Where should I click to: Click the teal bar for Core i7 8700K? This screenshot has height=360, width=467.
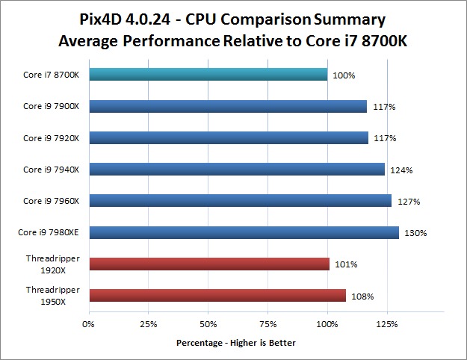(x=208, y=74)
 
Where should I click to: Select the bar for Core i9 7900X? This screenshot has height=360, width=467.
(x=227, y=106)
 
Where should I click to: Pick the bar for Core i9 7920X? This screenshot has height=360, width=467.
(x=228, y=137)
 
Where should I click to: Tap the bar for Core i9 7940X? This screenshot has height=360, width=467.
(x=236, y=169)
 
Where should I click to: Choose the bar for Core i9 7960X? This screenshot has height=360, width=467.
(x=240, y=200)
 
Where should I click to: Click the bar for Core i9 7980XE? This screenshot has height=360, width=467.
(x=244, y=232)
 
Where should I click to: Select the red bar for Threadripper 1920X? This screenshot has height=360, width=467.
(x=208, y=264)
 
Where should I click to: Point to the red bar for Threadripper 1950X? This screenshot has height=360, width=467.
(x=217, y=295)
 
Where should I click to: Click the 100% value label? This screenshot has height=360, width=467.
(x=344, y=75)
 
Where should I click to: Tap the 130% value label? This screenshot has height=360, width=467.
(x=415, y=234)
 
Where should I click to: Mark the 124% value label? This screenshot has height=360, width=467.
(x=401, y=170)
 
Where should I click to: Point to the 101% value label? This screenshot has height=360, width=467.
(x=346, y=265)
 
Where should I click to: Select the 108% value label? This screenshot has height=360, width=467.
(x=362, y=297)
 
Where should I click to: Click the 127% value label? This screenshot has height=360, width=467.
(x=409, y=202)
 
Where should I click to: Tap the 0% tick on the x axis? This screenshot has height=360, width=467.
(x=88, y=324)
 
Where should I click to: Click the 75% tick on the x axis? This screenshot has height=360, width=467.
(x=267, y=324)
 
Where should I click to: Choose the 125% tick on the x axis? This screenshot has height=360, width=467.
(x=387, y=324)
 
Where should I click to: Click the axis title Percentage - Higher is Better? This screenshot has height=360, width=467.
(x=235, y=344)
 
